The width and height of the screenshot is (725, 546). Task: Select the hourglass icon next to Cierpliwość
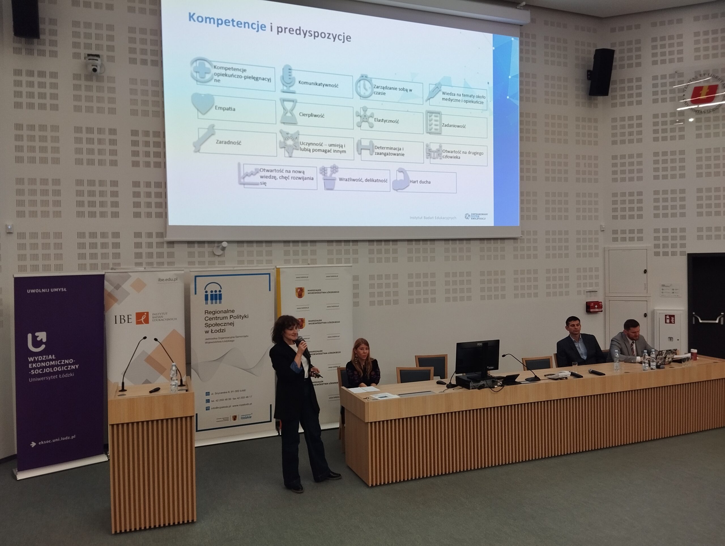click(x=288, y=112)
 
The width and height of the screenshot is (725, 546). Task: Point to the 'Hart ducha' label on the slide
click(x=420, y=182)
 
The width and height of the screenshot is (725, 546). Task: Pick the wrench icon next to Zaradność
click(x=204, y=138)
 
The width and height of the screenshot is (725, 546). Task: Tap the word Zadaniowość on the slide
click(x=454, y=125)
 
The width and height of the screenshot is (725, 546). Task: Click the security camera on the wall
click(x=93, y=64)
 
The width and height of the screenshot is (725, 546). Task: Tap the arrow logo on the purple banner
click(x=37, y=341)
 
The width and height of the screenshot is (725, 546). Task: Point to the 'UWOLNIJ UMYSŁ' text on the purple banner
click(x=46, y=290)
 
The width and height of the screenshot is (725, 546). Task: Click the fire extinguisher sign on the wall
click(x=669, y=319)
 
